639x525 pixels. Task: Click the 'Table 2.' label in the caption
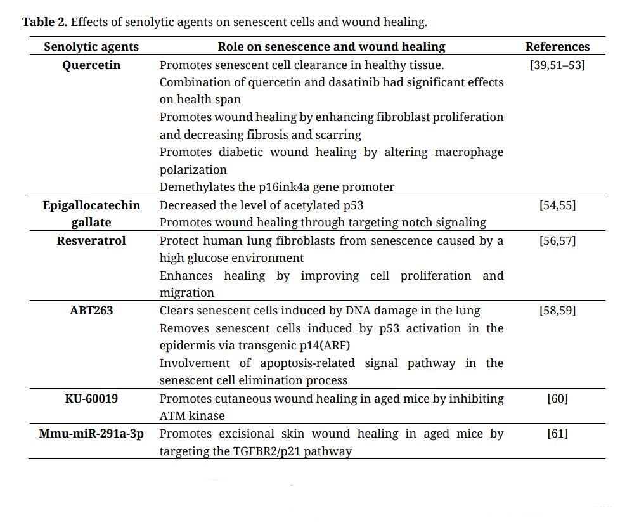[x=44, y=22]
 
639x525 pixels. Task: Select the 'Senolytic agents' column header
[x=91, y=47]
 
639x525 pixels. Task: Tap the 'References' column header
[x=557, y=47]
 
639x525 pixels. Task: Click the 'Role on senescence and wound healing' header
[x=332, y=47]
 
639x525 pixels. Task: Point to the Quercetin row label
[x=91, y=65]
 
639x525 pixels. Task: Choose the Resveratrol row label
[x=91, y=241]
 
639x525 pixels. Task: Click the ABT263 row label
[x=91, y=311]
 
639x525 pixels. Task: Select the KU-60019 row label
[x=91, y=399]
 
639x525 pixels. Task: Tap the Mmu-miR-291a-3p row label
[x=91, y=434]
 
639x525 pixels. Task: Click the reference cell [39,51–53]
[x=557, y=65]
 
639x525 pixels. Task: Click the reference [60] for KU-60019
[x=557, y=399]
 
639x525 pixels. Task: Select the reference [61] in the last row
[x=557, y=434]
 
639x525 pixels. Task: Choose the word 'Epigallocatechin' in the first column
[x=91, y=205]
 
